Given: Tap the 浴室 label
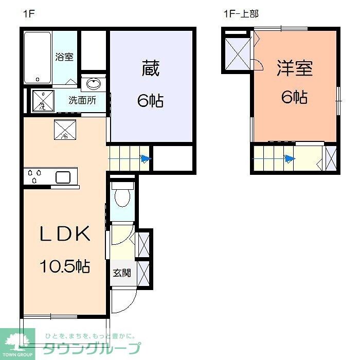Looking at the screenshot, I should (64, 57).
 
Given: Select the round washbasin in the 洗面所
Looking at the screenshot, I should (94, 84).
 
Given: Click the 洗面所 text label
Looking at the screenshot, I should (82, 100).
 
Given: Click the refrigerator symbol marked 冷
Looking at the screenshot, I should (65, 130).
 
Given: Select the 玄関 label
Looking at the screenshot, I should (122, 273).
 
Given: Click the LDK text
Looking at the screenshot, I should (65, 234).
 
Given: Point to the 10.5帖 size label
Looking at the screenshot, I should (65, 266).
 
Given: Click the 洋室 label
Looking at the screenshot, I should (295, 68).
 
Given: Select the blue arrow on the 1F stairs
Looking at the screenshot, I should (146, 159).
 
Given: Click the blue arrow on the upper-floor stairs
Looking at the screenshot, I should (291, 159).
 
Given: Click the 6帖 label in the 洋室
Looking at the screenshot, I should (295, 97).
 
